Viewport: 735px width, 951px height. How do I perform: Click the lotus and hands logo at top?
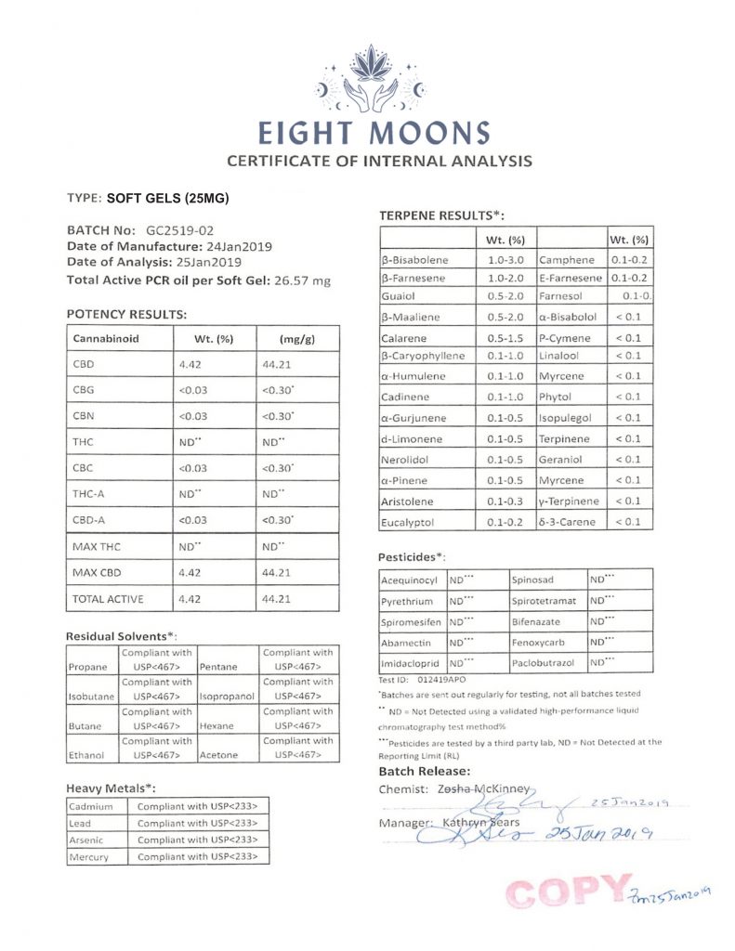pyautogui.click(x=371, y=79)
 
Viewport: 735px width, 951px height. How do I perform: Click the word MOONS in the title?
pyautogui.click(x=428, y=133)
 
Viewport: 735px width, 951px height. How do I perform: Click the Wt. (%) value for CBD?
pyautogui.click(x=190, y=364)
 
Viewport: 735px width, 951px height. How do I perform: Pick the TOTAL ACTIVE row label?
pyautogui.click(x=108, y=599)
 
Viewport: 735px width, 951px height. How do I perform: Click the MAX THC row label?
pyautogui.click(x=98, y=547)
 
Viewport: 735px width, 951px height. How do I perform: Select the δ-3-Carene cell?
pyautogui.click(x=570, y=523)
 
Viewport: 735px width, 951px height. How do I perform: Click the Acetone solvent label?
pyautogui.click(x=219, y=755)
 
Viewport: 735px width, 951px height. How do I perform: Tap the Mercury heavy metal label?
pyautogui.click(x=90, y=856)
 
